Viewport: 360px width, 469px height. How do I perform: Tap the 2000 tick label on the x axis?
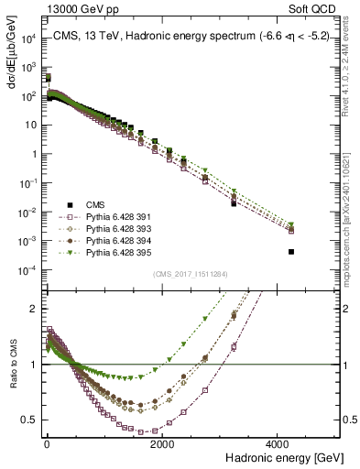tap(162, 443)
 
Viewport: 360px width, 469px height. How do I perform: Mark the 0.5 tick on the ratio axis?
tap(30, 420)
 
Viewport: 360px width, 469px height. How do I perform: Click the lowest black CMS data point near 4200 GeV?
tap(291, 251)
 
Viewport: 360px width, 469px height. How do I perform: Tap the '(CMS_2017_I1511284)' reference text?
tap(190, 274)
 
